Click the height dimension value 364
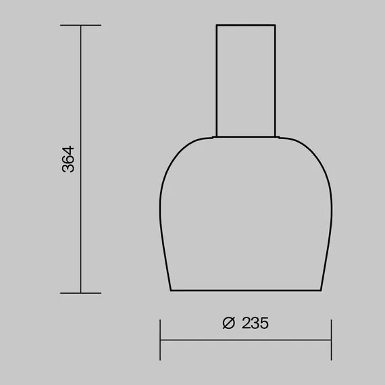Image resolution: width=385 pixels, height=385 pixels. coord(68,159)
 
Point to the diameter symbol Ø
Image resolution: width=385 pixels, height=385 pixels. coord(228,323)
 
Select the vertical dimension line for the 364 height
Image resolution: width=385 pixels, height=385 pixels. coord(81,203)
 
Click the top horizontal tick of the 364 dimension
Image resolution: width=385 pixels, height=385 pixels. coord(81,26)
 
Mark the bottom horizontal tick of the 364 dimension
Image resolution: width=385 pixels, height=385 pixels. coord(81,293)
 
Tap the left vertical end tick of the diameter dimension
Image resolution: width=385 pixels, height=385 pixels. coord(160,340)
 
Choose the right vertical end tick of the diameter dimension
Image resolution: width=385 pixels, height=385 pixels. coord(332,340)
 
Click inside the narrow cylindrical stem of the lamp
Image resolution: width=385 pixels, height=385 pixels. coord(246,81)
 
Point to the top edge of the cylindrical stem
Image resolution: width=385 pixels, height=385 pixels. coord(246,26)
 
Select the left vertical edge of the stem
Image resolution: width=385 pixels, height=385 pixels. coord(216,81)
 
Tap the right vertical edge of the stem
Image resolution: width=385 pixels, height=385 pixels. coord(276,81)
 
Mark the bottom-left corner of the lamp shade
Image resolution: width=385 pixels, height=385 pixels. coord(169,290)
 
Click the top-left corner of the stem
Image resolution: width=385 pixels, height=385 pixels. coord(216,26)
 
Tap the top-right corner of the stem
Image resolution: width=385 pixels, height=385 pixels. coord(276,26)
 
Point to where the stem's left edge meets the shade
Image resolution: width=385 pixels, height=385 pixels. coord(216,136)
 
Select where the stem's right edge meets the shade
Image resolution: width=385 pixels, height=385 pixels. coord(276,136)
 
